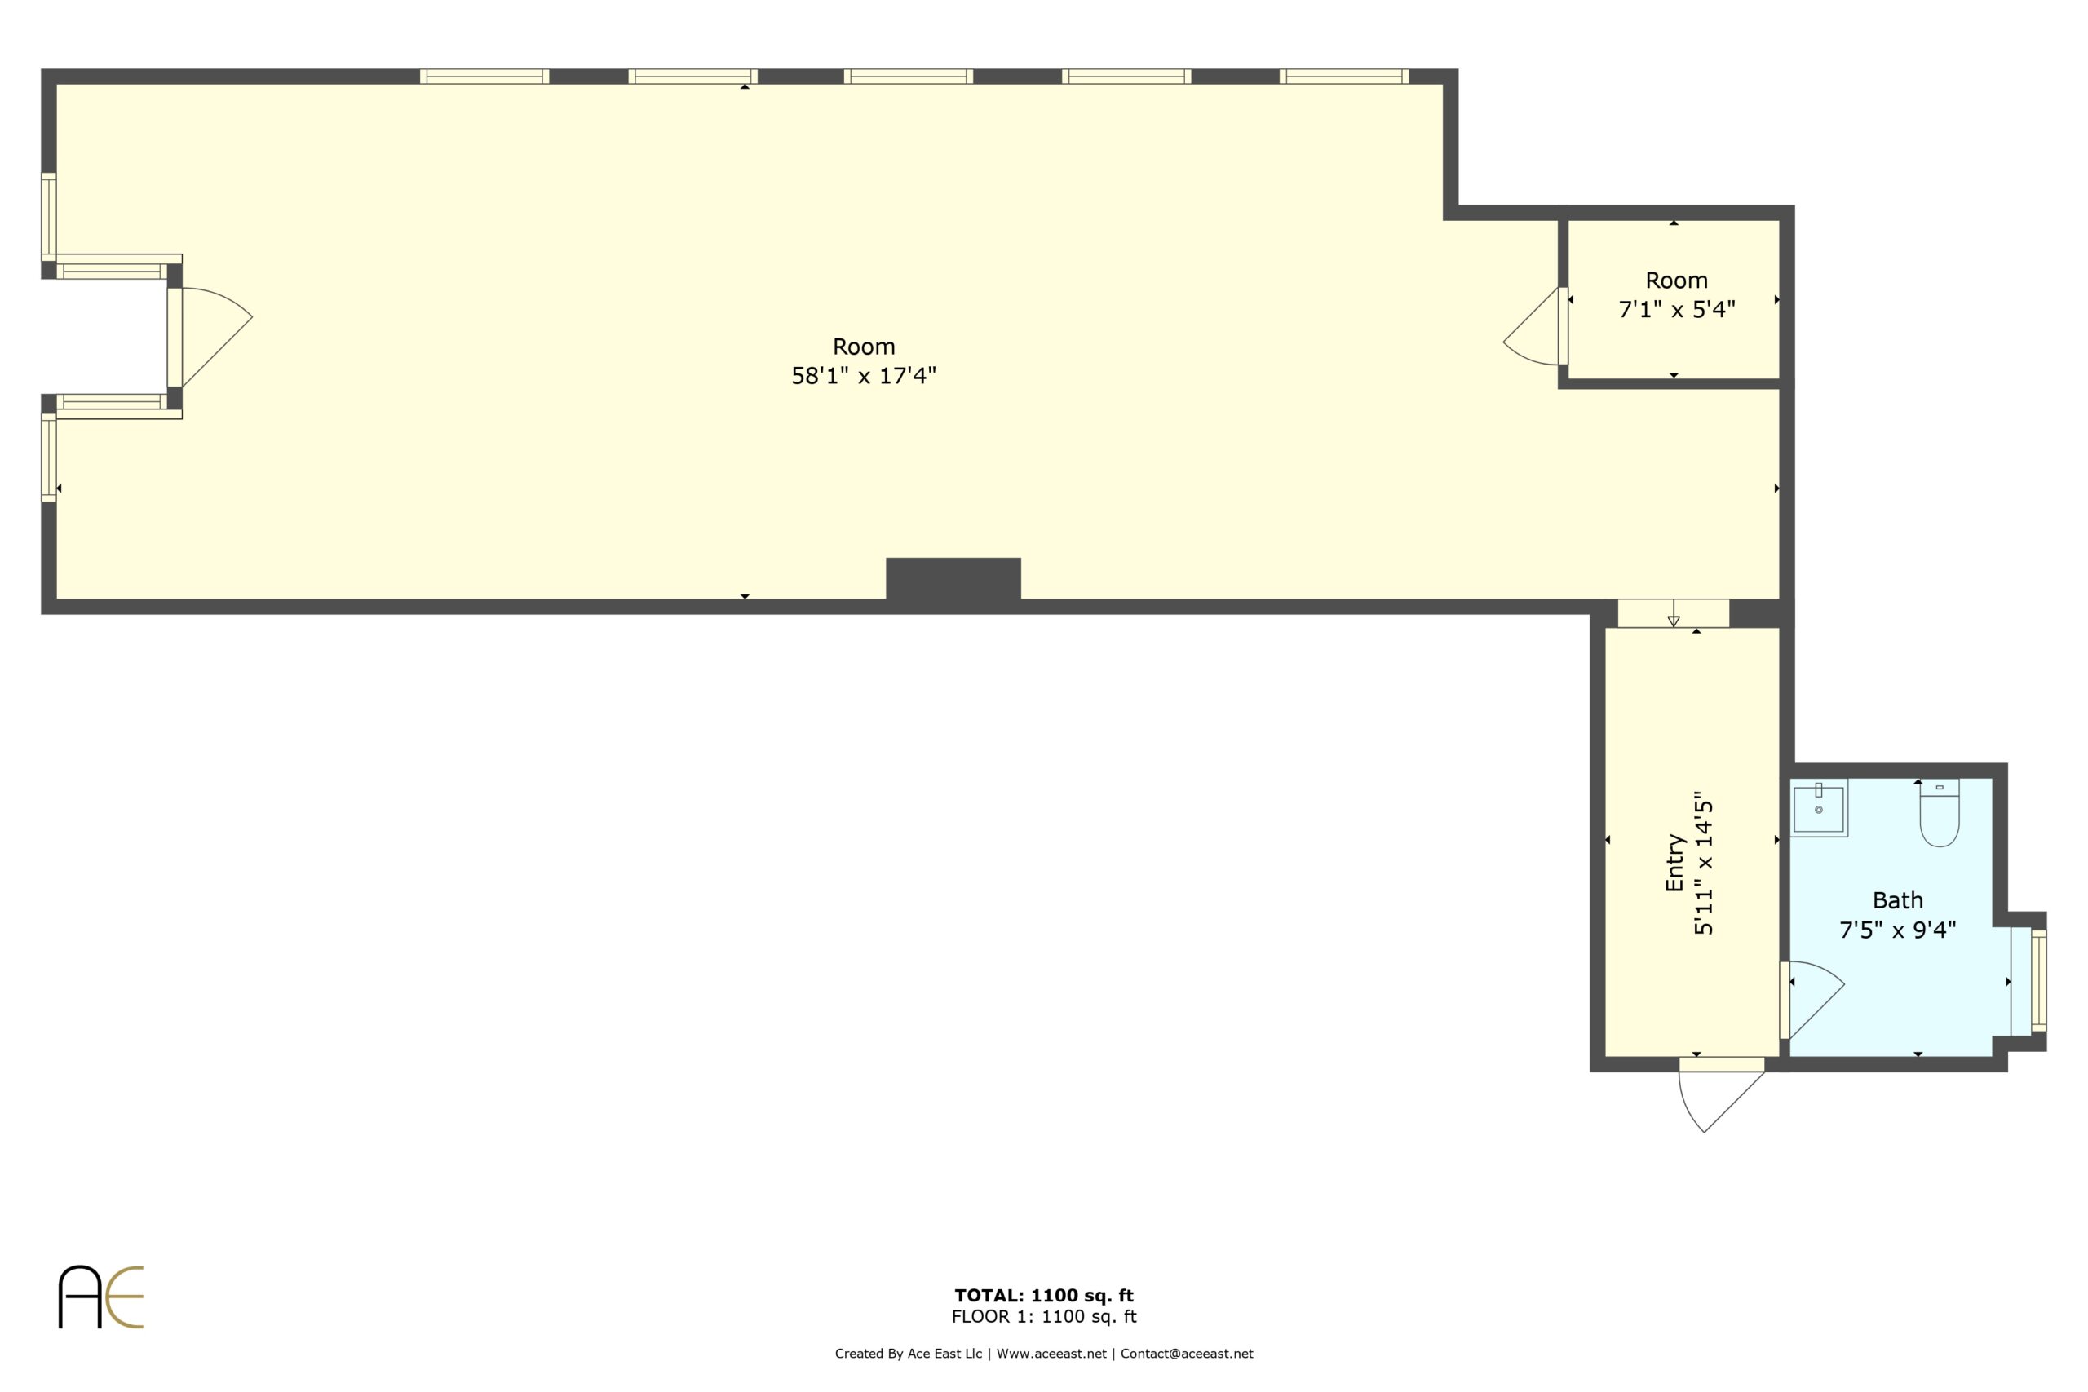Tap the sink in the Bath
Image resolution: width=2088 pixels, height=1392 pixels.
(x=1818, y=808)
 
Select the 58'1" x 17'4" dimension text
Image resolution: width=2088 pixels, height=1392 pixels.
(x=864, y=375)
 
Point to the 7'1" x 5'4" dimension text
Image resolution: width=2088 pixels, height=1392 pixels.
(x=1677, y=309)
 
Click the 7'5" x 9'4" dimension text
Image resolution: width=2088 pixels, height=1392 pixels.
(x=1898, y=930)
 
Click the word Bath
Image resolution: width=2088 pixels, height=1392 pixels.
(x=1898, y=900)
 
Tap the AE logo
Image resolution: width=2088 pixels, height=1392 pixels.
(x=100, y=1297)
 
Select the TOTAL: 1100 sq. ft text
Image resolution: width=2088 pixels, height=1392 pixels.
(x=1044, y=1295)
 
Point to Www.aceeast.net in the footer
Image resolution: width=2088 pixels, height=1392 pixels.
(x=1051, y=1354)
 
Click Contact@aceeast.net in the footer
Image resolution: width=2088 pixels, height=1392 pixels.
(x=1187, y=1354)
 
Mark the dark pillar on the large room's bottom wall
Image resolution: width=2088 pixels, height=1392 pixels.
(x=953, y=580)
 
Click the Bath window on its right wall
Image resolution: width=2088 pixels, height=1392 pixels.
(x=2039, y=981)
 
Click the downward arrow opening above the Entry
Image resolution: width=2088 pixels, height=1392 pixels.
(x=1674, y=613)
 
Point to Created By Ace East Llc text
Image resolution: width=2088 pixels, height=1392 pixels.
(x=908, y=1354)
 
